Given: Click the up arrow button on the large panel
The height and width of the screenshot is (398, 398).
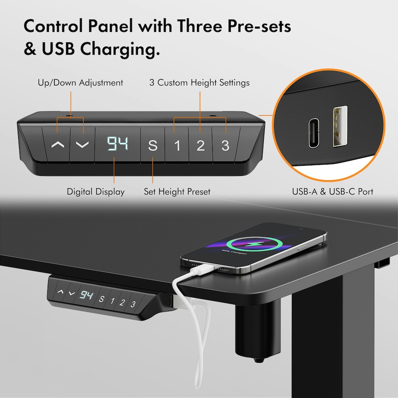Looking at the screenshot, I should (58, 145).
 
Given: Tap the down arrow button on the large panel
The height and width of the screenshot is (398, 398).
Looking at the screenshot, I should (83, 145).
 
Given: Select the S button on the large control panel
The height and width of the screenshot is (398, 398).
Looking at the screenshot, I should (153, 146).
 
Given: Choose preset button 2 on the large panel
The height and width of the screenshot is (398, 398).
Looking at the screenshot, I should (201, 146).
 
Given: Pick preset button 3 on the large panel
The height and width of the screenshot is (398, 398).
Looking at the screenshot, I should (225, 146).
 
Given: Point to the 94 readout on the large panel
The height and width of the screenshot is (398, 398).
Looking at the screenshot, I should (117, 144).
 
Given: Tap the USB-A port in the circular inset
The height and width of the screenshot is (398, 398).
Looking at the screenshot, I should (339, 126).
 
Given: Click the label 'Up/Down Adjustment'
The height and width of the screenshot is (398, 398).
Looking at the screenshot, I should (80, 83).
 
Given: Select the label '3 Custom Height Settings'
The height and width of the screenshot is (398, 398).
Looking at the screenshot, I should (199, 83).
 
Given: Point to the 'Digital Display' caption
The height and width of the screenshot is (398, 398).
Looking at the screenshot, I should (96, 192).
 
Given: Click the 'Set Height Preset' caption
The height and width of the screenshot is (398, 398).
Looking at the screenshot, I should (177, 192).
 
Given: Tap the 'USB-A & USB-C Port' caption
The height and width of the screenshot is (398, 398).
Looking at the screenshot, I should (332, 192).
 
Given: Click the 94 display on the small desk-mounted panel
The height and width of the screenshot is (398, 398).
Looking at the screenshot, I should (87, 295).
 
